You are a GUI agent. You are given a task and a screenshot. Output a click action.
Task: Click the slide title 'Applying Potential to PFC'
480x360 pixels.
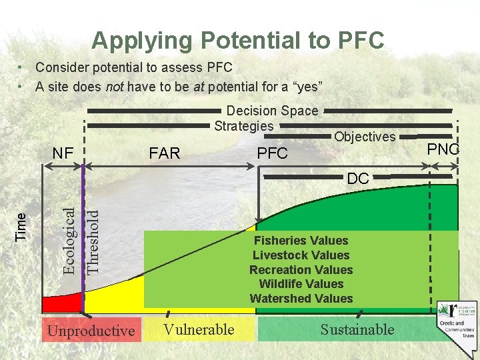[238, 40]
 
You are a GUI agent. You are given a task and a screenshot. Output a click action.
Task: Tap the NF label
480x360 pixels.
[63, 153]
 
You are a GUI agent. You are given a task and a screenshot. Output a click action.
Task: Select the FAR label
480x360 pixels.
[165, 153]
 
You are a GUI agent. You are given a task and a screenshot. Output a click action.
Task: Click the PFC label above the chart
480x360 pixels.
[272, 153]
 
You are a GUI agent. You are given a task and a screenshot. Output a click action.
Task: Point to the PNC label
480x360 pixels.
[443, 149]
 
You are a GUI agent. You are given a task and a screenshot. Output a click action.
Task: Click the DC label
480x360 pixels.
[358, 179]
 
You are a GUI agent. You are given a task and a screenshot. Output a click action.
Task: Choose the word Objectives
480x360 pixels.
[365, 137]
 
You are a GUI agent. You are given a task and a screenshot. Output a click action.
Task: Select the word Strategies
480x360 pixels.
[244, 125]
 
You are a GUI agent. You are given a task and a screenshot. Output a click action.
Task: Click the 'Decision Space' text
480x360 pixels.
[272, 111]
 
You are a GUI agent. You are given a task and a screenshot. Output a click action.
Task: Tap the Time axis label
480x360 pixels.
[21, 226]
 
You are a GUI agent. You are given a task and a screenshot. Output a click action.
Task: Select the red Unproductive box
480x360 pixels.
[91, 331]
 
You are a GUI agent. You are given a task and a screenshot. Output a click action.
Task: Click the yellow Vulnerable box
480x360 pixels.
[199, 329]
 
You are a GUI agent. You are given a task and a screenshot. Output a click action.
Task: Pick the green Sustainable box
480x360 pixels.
[357, 329]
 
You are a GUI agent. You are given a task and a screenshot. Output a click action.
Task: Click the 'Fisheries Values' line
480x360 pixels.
[301, 241]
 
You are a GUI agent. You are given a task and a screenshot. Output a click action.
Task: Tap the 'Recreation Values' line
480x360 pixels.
[301, 270]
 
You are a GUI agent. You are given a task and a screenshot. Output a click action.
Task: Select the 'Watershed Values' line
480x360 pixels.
[301, 299]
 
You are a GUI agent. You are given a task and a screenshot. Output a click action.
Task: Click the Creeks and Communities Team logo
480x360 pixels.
[457, 320]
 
